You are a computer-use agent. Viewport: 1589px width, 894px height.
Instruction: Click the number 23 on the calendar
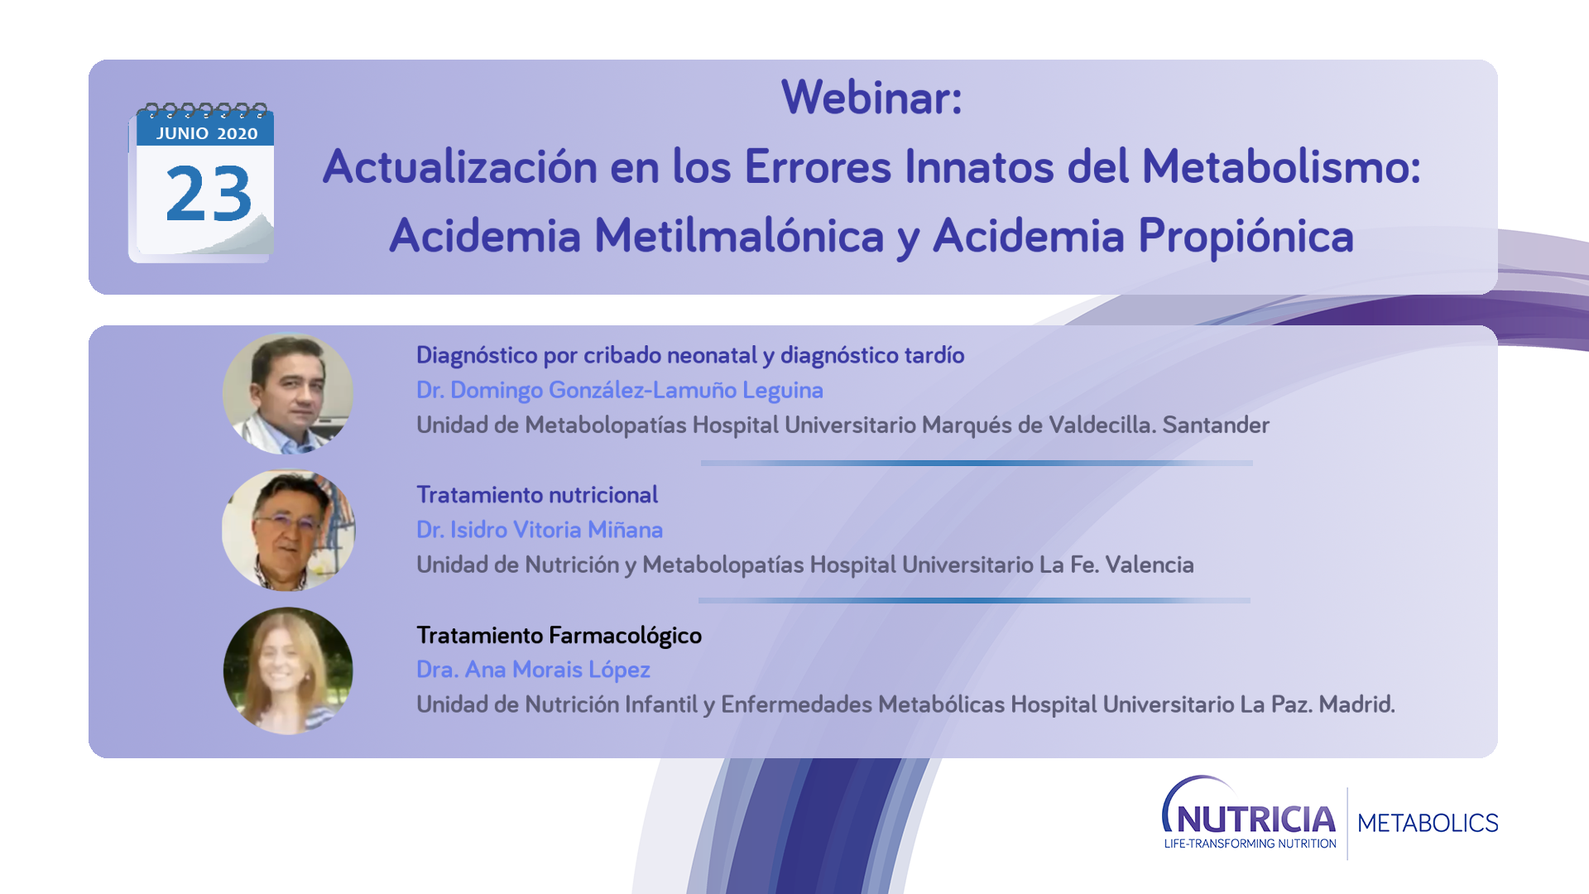pos(209,194)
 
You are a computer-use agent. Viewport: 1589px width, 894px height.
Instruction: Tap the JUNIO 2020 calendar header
pos(207,133)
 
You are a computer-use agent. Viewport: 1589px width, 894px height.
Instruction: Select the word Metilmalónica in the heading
pos(739,235)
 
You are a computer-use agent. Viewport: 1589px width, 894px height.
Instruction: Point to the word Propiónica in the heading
pos(1246,236)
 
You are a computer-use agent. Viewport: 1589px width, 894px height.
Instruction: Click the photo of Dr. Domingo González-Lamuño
pos(288,393)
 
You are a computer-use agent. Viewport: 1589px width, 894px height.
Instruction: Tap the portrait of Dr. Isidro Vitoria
pos(288,531)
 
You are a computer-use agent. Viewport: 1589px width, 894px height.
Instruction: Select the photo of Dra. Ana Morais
pos(288,671)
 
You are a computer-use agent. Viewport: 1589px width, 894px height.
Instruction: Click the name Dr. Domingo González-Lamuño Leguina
pos(620,390)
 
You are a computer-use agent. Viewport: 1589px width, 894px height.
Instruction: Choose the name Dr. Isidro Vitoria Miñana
pos(540,529)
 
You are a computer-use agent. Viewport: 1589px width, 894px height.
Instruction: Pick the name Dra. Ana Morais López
pos(533,670)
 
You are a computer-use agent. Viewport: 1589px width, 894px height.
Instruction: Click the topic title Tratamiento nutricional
pos(537,494)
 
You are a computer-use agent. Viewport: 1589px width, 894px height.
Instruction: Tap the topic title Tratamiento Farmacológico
pos(559,635)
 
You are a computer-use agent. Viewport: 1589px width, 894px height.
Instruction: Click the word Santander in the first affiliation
pos(1216,425)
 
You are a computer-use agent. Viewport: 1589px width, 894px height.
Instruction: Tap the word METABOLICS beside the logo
pos(1428,823)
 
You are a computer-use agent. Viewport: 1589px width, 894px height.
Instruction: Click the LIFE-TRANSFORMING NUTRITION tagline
pos(1251,844)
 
